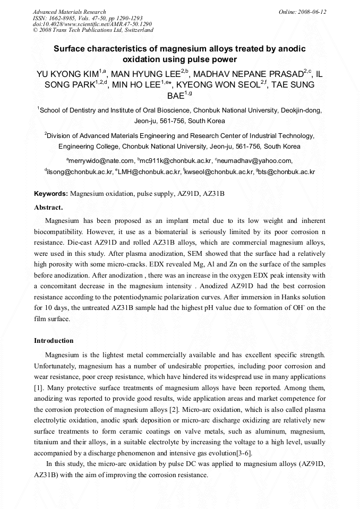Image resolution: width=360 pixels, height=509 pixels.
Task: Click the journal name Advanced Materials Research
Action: (x=69, y=12)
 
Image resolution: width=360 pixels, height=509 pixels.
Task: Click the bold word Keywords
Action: (x=50, y=194)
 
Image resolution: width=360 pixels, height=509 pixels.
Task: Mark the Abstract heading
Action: (x=48, y=207)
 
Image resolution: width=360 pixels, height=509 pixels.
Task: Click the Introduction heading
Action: (x=54, y=340)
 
